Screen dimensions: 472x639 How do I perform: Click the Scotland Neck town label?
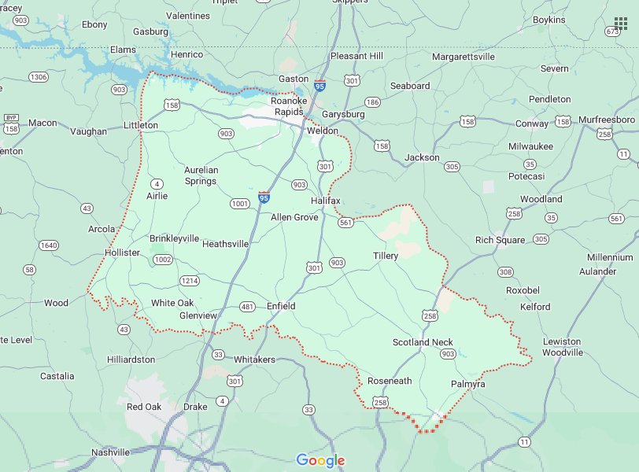click(x=423, y=342)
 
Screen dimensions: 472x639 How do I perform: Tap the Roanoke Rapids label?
click(x=286, y=106)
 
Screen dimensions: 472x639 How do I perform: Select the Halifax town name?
click(x=325, y=201)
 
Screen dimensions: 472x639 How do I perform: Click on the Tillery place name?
click(x=386, y=256)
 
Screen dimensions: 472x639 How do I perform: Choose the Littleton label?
click(x=141, y=125)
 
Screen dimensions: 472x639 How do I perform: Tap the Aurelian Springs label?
click(x=200, y=175)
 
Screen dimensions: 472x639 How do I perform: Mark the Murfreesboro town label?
click(x=606, y=119)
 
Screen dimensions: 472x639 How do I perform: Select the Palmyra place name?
click(x=468, y=384)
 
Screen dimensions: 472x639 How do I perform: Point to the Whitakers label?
click(x=254, y=359)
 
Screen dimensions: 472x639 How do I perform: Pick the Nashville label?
click(x=110, y=452)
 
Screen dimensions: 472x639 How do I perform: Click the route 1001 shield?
click(x=240, y=204)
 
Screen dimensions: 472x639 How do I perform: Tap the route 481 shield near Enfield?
click(x=247, y=307)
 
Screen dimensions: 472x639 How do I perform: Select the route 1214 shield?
click(x=190, y=280)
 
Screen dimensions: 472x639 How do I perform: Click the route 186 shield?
click(x=372, y=103)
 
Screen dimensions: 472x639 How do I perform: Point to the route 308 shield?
click(x=505, y=272)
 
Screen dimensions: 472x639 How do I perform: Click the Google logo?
click(x=320, y=460)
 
